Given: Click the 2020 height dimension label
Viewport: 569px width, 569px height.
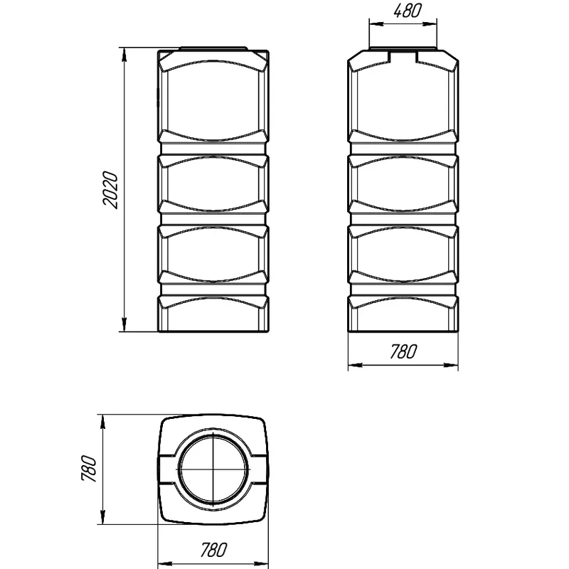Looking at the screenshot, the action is (111, 190).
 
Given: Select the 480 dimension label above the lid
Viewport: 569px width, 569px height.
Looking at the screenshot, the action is (408, 11).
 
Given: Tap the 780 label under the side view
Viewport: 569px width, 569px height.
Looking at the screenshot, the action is (403, 351).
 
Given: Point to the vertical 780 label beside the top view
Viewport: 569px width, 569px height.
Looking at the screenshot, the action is (90, 468).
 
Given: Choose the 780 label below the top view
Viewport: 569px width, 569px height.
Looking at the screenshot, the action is (214, 550).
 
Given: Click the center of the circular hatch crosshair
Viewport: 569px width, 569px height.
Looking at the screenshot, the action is (213, 469).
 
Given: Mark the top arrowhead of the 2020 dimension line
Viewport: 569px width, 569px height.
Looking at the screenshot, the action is (124, 55).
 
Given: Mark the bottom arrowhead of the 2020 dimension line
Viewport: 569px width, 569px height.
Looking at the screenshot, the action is (124, 324).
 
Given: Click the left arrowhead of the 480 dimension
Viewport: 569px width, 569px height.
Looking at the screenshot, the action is (376, 24).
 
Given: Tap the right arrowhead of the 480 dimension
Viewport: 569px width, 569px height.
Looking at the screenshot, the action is (430, 24).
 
